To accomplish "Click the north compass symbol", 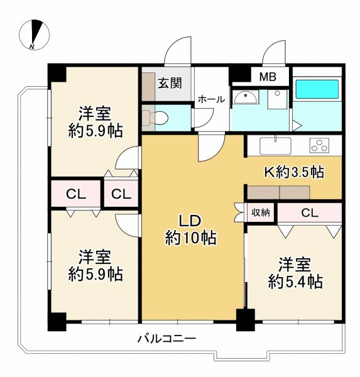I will coord(35,35).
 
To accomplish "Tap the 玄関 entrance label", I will coord(170,83).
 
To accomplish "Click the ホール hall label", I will coord(211,99).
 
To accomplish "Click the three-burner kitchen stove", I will coord(320,146).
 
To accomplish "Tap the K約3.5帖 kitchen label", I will coord(293,171).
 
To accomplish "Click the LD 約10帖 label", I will coord(190,229).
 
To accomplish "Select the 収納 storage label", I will coord(261,212).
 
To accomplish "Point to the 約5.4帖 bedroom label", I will coord(293,271).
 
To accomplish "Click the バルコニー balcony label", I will coord(167,339).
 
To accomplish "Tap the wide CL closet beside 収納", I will coord(309,212).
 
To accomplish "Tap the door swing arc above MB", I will coord(276,52).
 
